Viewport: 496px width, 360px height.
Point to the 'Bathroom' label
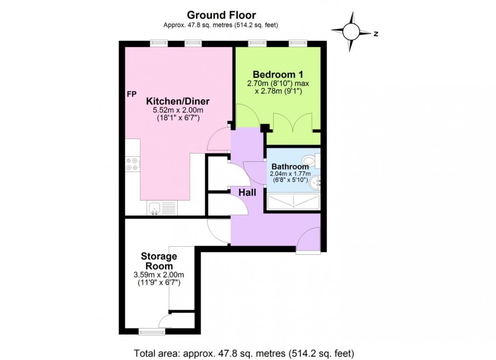coord(290,167)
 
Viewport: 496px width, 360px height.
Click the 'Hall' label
coord(247,193)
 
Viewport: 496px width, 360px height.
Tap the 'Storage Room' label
coord(159,261)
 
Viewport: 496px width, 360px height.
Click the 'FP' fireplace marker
coord(132,94)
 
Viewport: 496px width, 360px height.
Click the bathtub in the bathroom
coord(293,202)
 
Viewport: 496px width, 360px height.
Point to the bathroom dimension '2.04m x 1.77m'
coord(290,174)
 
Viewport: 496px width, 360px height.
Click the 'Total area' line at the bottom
coord(243,352)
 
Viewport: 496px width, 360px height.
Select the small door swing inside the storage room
coord(164,321)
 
